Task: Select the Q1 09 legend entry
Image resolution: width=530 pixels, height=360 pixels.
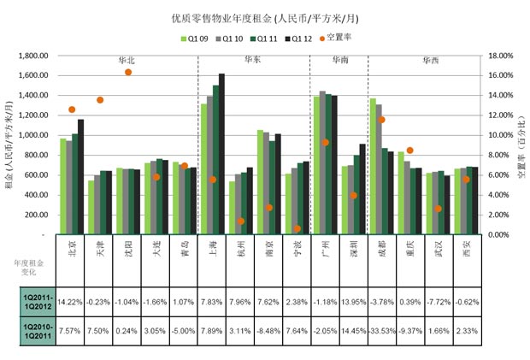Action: tap(196, 38)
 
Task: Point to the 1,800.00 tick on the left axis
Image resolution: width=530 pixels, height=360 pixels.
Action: tap(33, 56)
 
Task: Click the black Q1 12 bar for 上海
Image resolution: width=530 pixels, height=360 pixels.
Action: tap(222, 154)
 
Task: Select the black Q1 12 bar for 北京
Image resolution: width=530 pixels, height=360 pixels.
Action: tap(81, 177)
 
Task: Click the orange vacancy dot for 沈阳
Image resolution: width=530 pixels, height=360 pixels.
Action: tap(128, 72)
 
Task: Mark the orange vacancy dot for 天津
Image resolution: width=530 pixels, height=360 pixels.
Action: tap(100, 100)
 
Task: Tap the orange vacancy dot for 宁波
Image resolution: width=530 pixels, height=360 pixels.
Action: tap(297, 228)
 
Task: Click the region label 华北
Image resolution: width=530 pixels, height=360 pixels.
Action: tap(127, 61)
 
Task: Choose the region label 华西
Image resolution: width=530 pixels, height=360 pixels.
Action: tap(431, 61)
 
